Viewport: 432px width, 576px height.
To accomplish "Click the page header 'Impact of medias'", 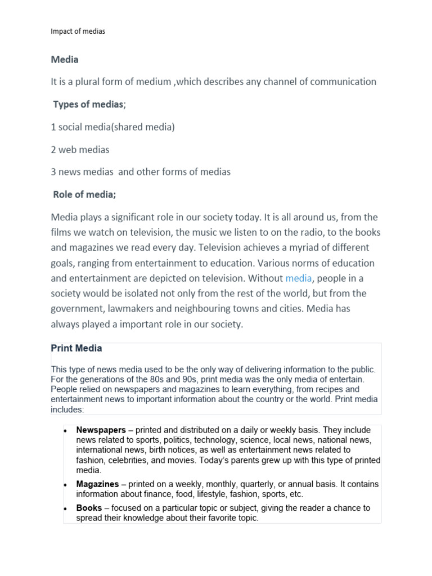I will [78, 31].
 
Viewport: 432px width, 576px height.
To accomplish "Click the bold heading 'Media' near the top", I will [65, 60].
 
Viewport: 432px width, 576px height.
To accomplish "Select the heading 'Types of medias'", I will [88, 104].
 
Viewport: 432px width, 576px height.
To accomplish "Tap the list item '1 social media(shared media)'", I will [112, 127].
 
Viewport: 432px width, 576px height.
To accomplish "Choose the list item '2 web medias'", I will [80, 149].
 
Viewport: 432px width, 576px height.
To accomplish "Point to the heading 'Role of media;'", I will [84, 195].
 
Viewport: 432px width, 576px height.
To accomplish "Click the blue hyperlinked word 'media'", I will [298, 278].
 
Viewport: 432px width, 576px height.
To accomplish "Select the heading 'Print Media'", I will [76, 348].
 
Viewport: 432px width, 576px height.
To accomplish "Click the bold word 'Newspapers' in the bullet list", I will [101, 430].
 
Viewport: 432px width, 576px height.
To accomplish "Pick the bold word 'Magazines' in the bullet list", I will [97, 484].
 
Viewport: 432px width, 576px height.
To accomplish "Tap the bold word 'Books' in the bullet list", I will [88, 508].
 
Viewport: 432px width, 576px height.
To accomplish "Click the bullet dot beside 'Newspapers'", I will [65, 430].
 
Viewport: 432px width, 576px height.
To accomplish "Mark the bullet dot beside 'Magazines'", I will [65, 484].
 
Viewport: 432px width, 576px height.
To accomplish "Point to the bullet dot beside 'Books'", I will [65, 508].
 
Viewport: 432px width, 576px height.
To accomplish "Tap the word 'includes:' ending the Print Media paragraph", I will [67, 409].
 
